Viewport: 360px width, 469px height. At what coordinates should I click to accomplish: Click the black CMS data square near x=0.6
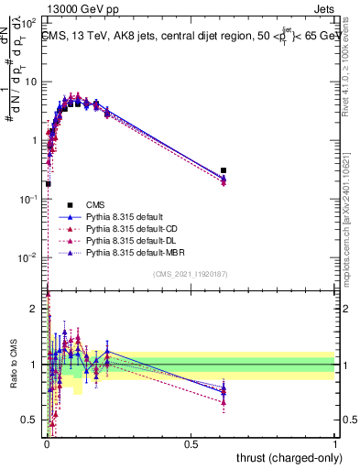tap(224, 170)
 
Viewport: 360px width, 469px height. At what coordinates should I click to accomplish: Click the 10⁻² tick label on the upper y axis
tap(27, 257)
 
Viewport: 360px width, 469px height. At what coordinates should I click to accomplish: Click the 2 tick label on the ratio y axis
tap(33, 310)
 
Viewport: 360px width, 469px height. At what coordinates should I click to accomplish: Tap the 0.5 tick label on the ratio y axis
tap(28, 420)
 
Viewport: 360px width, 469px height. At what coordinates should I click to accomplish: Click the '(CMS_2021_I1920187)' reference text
tap(190, 274)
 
